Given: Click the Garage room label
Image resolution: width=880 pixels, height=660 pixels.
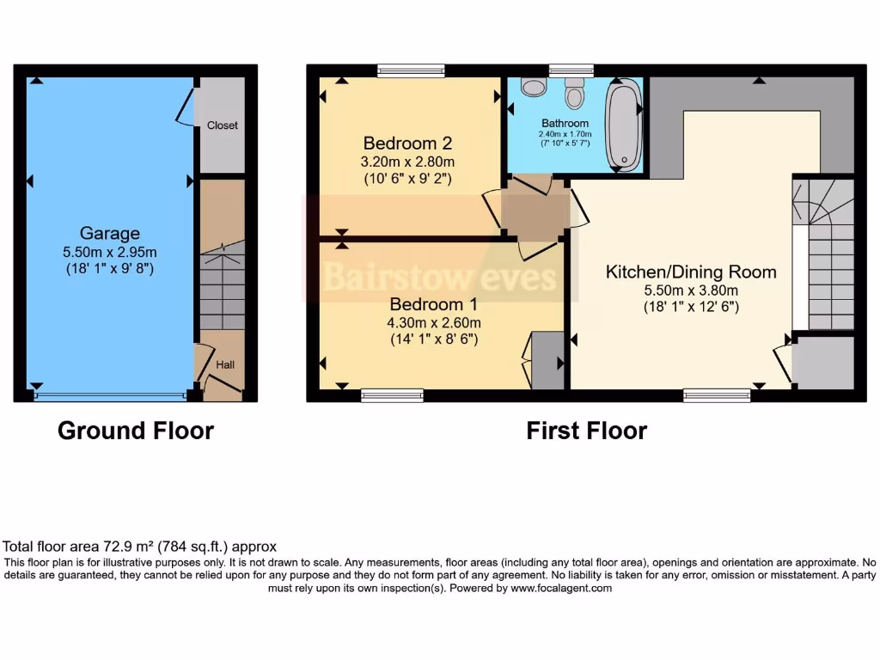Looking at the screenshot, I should coord(109,233).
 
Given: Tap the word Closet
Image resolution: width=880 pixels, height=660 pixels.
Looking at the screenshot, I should coord(223,125).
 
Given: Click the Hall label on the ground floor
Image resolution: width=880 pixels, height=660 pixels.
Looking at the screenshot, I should coord(225,365).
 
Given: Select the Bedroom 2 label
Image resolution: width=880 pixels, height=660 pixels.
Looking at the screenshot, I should coord(407,144).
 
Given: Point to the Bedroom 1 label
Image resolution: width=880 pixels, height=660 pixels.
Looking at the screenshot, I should coord(434,304).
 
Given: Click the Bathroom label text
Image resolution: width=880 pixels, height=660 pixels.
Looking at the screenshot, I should coord(565,124).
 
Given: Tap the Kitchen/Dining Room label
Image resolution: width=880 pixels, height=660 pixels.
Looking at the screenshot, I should coord(691,272).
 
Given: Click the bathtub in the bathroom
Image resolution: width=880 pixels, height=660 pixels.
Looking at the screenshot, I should coord(621,125).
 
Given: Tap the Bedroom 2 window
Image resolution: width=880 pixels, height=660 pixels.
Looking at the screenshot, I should coord(411,71).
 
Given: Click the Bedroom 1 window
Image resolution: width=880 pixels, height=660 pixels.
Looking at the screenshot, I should coord(392,395).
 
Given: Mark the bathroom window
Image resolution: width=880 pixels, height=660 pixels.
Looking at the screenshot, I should coord(571,71).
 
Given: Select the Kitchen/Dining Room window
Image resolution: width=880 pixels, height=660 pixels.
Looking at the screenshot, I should coord(717,395).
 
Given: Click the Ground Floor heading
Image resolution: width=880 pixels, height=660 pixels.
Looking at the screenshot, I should coord(136,431).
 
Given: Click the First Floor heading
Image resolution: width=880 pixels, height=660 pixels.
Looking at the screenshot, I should coord(587,431).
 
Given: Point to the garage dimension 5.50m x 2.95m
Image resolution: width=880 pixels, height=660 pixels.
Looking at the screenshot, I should coord(109,252).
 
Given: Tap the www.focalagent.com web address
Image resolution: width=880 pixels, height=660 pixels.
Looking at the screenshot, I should coord(561,589).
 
